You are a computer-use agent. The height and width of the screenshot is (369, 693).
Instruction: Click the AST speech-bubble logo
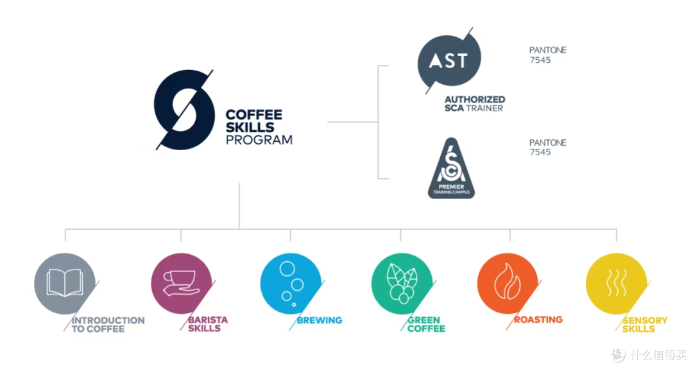tap(449, 60)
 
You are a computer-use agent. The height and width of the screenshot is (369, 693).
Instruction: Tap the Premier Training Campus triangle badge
tap(451, 168)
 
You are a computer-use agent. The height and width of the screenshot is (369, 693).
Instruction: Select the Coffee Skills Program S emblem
tap(184, 110)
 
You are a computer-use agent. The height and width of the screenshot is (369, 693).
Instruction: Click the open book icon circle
tap(65, 283)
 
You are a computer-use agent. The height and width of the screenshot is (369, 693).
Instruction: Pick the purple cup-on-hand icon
tap(181, 283)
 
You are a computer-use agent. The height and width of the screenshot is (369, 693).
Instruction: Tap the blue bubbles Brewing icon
tap(291, 283)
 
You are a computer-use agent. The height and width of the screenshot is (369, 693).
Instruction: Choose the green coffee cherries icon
tap(402, 283)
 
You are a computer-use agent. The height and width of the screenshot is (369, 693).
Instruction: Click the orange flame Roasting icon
tap(508, 283)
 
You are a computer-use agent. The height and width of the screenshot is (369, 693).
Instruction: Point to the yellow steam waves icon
tap(617, 283)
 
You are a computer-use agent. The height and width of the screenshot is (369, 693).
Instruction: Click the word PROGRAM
tap(259, 140)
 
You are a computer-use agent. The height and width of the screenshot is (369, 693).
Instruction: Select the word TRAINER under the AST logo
tap(484, 108)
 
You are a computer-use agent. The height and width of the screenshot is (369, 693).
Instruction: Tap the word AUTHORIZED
tap(475, 99)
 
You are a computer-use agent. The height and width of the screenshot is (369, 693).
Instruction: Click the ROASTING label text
tap(538, 320)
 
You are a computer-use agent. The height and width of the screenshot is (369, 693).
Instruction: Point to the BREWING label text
tap(320, 320)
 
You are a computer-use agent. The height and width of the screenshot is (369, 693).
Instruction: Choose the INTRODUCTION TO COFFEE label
tap(108, 324)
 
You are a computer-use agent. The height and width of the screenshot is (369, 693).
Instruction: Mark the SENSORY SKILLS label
tap(645, 324)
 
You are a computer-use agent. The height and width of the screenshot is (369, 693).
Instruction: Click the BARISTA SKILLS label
tap(208, 324)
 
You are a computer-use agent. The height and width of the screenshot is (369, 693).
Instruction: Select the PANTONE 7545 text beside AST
tap(547, 55)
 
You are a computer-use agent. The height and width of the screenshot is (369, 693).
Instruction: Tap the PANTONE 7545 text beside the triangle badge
tap(547, 147)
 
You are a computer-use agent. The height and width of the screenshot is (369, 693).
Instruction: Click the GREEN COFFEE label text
tap(426, 324)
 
